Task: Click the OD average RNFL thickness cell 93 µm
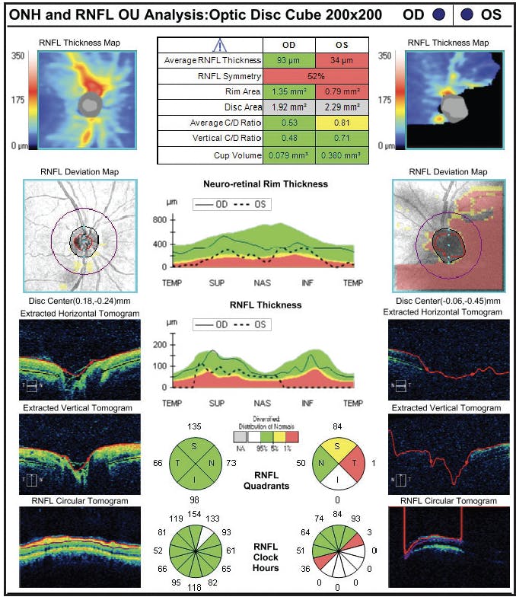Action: [288, 60]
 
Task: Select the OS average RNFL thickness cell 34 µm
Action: [342, 60]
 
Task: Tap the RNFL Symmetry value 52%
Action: [315, 76]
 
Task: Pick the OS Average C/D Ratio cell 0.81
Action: [342, 123]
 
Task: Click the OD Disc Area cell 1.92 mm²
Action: [288, 107]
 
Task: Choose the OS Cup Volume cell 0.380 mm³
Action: [342, 155]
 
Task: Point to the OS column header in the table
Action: [342, 44]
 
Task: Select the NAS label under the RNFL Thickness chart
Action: [263, 402]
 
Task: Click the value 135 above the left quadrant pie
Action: [196, 426]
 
